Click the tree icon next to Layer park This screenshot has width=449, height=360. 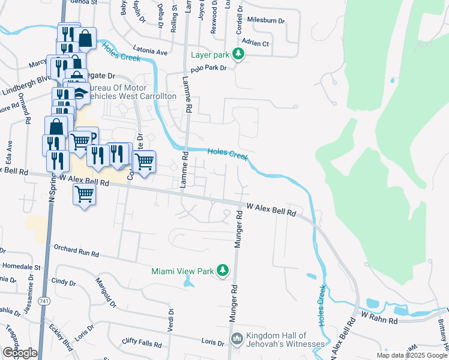[x=239, y=55]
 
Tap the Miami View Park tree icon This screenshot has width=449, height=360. [x=223, y=271]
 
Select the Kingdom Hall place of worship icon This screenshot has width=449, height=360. [x=238, y=340]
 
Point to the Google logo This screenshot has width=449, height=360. [x=19, y=353]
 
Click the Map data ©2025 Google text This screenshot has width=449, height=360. [x=412, y=355]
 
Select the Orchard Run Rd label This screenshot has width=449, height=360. [x=76, y=250]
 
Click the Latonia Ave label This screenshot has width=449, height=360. [x=146, y=52]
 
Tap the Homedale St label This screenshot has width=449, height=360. [x=22, y=266]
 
